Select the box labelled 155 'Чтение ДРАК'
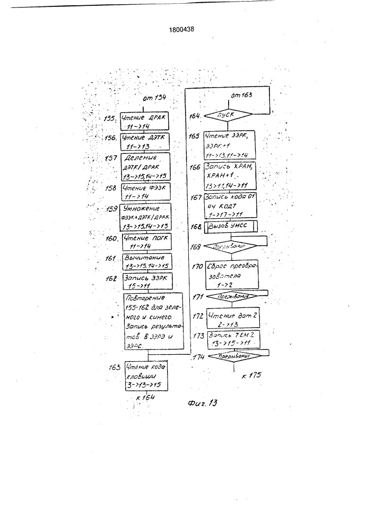point(144,122)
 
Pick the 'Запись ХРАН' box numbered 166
point(231,177)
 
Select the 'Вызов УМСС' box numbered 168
point(230,227)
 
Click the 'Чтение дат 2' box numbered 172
point(231,319)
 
